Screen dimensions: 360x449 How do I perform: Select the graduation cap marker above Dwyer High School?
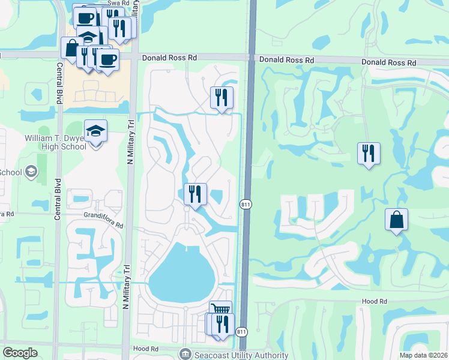[x=95, y=130]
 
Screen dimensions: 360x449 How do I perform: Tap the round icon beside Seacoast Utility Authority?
[x=184, y=354]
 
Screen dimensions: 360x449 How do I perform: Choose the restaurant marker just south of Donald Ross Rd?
[x=221, y=97]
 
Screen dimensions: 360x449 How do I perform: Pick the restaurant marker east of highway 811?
[x=369, y=153]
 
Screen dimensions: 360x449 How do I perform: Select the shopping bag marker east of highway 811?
[x=397, y=220]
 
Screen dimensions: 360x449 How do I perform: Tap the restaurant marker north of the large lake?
[x=195, y=194]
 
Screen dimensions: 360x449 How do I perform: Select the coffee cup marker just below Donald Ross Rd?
[x=108, y=60]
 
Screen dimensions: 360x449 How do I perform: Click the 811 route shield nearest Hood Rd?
[x=241, y=332]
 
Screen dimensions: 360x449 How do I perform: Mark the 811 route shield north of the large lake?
[x=246, y=205]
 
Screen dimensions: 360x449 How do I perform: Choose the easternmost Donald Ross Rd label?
[x=388, y=62]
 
